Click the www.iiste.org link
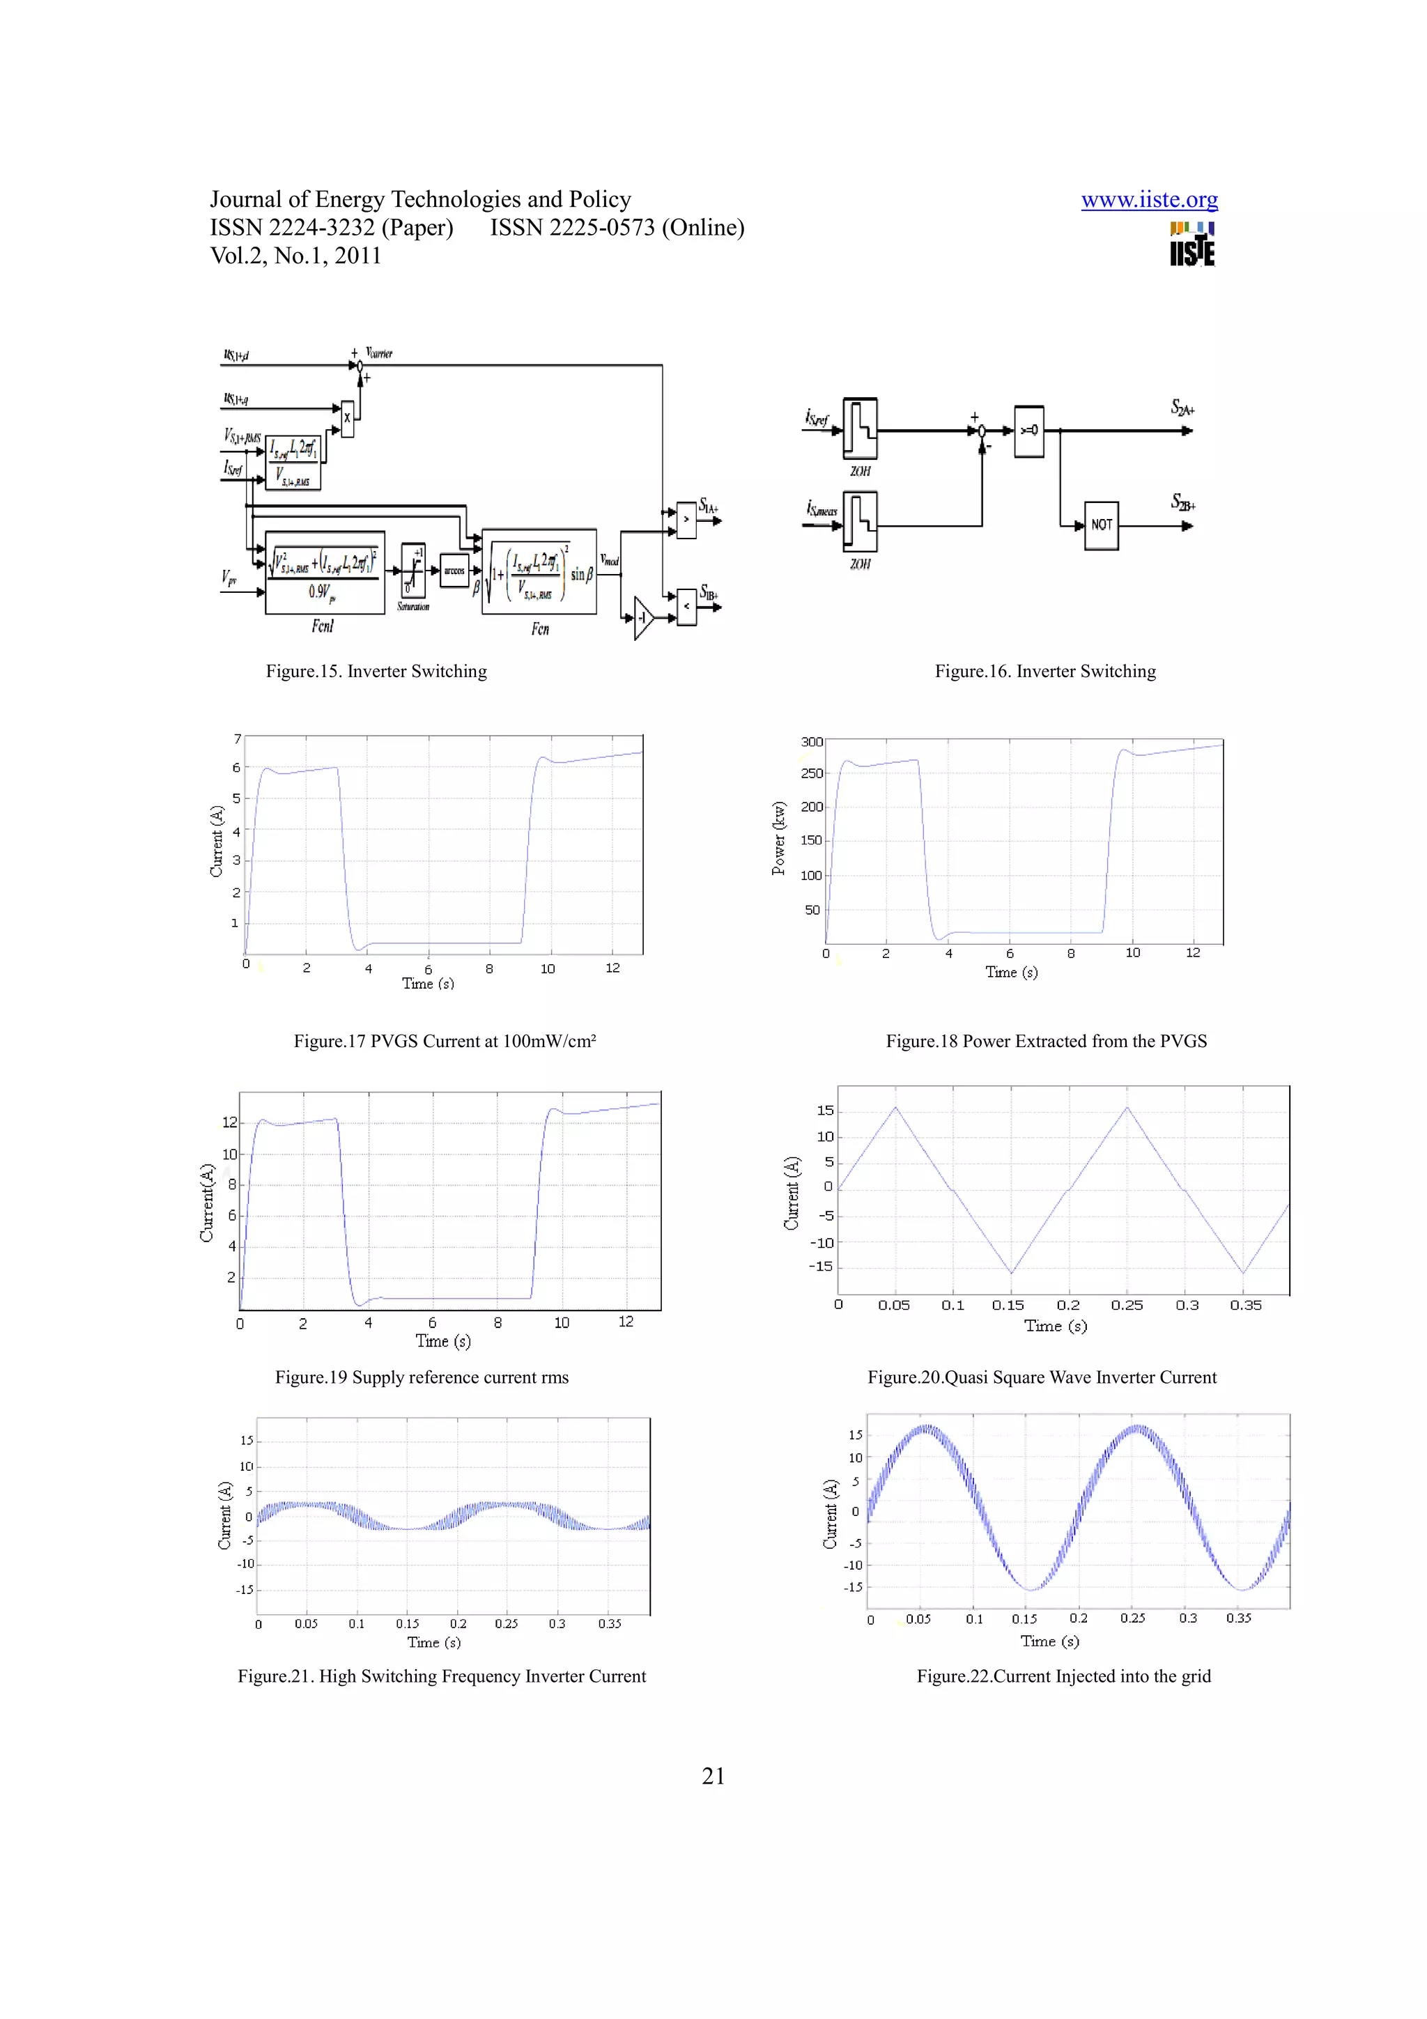(x=1148, y=201)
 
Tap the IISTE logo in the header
(x=1191, y=244)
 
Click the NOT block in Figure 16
(x=1101, y=525)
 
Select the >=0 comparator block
(x=1028, y=431)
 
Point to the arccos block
(x=454, y=571)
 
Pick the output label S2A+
(x=1182, y=408)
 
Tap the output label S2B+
(x=1182, y=502)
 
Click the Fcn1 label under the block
(x=323, y=626)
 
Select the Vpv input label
(x=229, y=578)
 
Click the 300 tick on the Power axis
(x=812, y=742)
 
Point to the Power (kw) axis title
(x=778, y=838)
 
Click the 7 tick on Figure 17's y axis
(x=236, y=738)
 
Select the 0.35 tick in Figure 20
(x=1245, y=1305)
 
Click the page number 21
(x=713, y=1777)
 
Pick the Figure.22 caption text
(x=1063, y=1676)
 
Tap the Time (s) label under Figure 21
(x=433, y=1642)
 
